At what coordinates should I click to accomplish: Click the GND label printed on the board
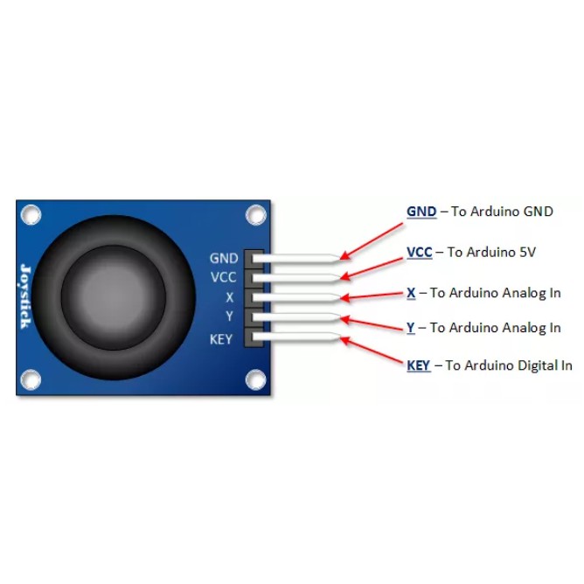coord(224,259)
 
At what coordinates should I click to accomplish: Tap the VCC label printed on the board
coord(224,278)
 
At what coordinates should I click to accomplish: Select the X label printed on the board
coord(229,297)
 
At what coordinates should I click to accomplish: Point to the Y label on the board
coord(229,316)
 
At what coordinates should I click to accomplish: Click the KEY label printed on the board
coord(221,338)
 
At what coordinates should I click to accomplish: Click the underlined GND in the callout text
coord(421,212)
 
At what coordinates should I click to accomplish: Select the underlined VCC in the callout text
coord(420,252)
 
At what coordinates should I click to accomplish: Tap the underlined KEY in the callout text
coord(419,365)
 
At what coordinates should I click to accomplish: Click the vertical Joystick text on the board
coord(25,297)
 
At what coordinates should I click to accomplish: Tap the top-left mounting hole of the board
coord(31,213)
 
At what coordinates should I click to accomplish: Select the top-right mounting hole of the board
coord(255,213)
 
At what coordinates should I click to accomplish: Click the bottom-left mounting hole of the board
coord(31,379)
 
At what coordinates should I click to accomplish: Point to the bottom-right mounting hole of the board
coord(255,379)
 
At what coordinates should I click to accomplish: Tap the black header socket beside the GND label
coord(254,259)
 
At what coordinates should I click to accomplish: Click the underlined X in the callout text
coord(411,293)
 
